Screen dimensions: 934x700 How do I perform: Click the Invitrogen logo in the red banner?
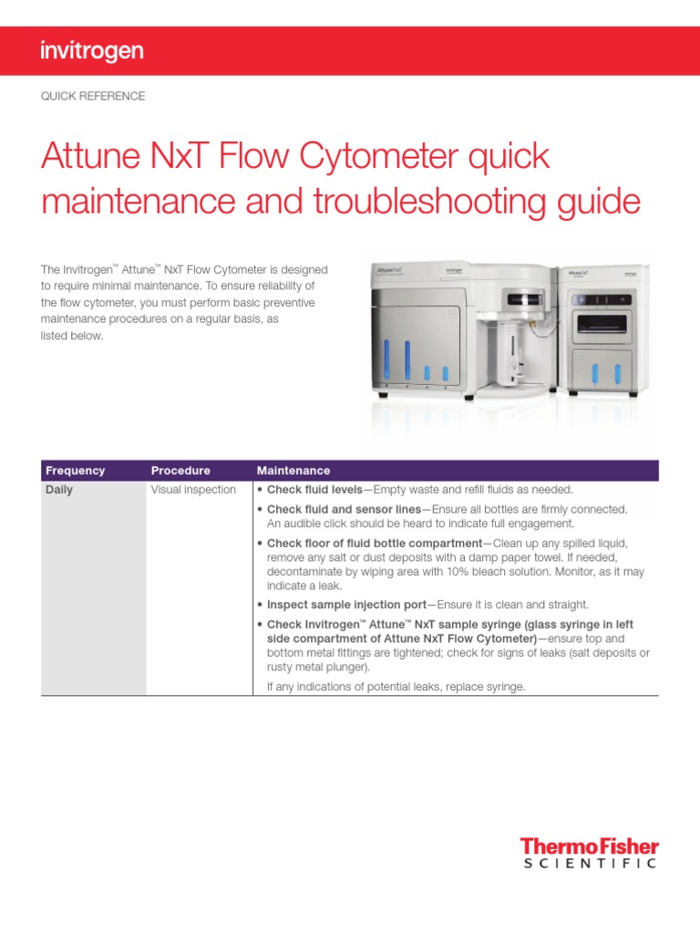[x=92, y=51]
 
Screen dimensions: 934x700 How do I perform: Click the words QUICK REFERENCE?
[x=93, y=96]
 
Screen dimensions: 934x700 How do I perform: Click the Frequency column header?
[x=76, y=471]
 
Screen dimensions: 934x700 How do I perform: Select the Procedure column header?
[x=180, y=471]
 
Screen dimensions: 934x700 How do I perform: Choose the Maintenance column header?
[x=293, y=471]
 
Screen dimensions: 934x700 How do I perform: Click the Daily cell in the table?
[x=59, y=490]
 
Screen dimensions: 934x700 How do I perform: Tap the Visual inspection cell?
[x=193, y=490]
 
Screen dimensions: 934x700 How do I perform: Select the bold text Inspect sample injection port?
[x=345, y=605]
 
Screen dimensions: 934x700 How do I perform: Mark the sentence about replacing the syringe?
[x=396, y=687]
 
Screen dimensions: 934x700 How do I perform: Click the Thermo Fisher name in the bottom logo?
[x=589, y=846]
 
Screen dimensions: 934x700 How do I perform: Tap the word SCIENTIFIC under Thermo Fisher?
[x=590, y=864]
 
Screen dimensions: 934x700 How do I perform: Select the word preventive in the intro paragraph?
[x=284, y=303]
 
